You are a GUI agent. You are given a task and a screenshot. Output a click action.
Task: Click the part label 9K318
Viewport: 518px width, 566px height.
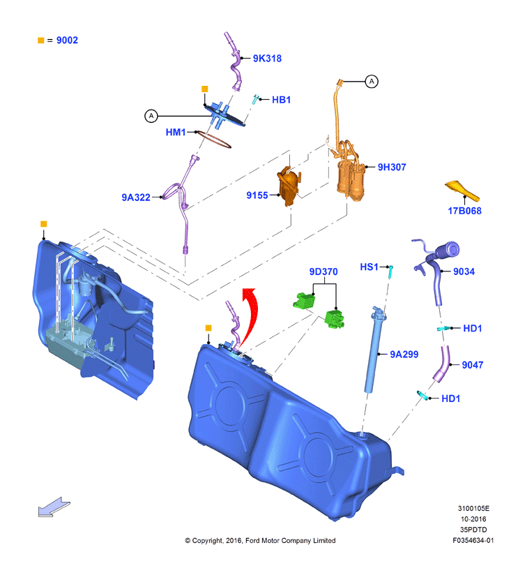tap(267, 59)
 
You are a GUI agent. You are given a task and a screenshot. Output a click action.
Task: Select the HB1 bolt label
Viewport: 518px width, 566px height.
tap(281, 100)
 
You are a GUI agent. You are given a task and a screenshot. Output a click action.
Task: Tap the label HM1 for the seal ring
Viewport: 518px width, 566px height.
tap(176, 133)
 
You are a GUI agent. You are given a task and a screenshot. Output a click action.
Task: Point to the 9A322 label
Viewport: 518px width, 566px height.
tap(136, 198)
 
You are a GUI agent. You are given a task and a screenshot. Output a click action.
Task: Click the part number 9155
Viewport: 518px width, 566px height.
tap(257, 195)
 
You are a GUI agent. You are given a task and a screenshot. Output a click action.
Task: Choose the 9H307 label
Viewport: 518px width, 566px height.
tap(392, 167)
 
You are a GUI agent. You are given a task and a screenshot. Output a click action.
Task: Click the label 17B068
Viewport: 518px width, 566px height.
tap(464, 211)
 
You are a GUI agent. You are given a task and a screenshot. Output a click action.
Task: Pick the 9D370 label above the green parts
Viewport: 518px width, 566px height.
tap(323, 271)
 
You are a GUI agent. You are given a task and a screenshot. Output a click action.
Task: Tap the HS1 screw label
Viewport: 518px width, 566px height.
tap(369, 267)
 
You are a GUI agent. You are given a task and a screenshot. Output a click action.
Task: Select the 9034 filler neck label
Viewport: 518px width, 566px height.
tap(464, 271)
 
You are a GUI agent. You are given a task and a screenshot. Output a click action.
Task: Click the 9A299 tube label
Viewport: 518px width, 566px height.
tap(404, 355)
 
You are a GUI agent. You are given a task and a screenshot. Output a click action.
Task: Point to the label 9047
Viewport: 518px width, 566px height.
tap(473, 365)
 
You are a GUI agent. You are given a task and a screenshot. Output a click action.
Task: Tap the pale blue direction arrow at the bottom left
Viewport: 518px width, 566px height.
tap(54, 507)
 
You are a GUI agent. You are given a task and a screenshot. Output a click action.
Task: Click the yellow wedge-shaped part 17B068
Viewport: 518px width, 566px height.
tap(462, 190)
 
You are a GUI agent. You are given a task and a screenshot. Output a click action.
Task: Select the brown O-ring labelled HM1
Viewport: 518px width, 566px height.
tap(213, 140)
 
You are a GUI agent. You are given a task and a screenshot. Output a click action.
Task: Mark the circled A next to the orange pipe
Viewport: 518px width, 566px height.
tap(372, 82)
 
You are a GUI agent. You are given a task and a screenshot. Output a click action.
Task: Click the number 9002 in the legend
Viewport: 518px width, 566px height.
tap(67, 40)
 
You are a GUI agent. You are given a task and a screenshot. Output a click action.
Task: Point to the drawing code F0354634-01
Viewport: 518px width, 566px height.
tap(473, 541)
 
